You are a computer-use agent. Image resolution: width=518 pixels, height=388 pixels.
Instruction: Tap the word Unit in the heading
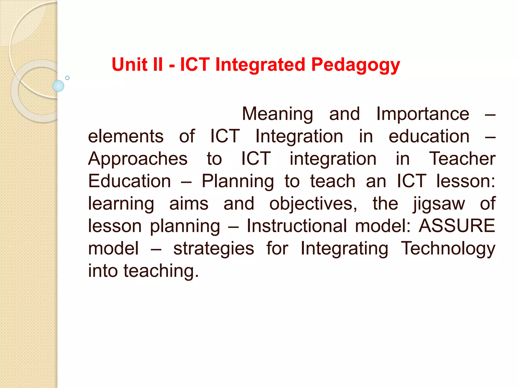(129, 64)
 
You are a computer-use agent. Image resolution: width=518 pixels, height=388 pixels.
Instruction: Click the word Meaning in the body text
(277, 114)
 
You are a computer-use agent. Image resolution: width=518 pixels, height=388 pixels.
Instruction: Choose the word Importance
(423, 114)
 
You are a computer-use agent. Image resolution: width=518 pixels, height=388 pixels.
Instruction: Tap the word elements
(126, 136)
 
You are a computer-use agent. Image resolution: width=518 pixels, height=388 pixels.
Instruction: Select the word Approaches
(138, 159)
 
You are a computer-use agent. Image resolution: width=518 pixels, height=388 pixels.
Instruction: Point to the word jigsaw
(439, 204)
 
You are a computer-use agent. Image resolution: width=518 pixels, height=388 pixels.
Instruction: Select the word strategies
(214, 249)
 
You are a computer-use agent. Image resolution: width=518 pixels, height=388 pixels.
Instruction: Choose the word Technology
(448, 249)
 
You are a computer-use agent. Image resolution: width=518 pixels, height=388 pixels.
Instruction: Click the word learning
(121, 204)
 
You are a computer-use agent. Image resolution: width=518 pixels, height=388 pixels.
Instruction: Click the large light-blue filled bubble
(58, 86)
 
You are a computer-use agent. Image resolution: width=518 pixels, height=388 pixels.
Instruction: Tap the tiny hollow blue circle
(67, 78)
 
